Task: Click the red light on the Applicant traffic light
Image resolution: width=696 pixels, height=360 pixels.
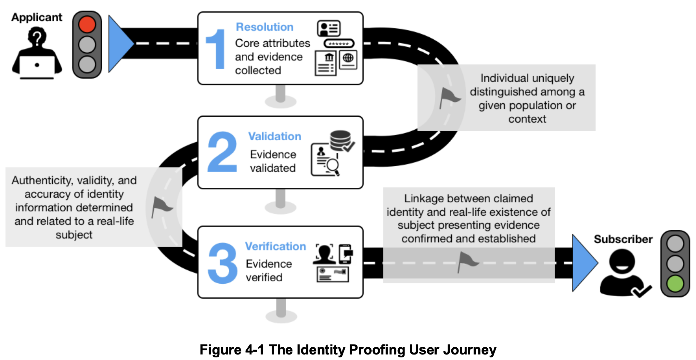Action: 87,24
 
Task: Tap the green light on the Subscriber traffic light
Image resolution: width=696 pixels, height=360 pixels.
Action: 675,283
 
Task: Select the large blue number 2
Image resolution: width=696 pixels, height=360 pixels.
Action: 222,152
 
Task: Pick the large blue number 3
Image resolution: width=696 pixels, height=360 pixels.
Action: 223,263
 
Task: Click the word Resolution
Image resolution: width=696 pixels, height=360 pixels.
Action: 264,27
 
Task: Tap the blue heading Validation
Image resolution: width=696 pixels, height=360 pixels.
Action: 275,136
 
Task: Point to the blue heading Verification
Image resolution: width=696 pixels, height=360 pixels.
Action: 275,246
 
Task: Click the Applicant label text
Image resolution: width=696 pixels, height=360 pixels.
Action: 37,17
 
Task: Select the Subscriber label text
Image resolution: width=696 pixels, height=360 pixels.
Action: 623,239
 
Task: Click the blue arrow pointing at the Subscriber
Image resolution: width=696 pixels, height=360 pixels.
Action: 584,263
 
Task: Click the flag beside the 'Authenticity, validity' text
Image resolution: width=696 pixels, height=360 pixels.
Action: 161,207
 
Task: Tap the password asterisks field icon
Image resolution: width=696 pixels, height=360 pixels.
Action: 339,44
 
